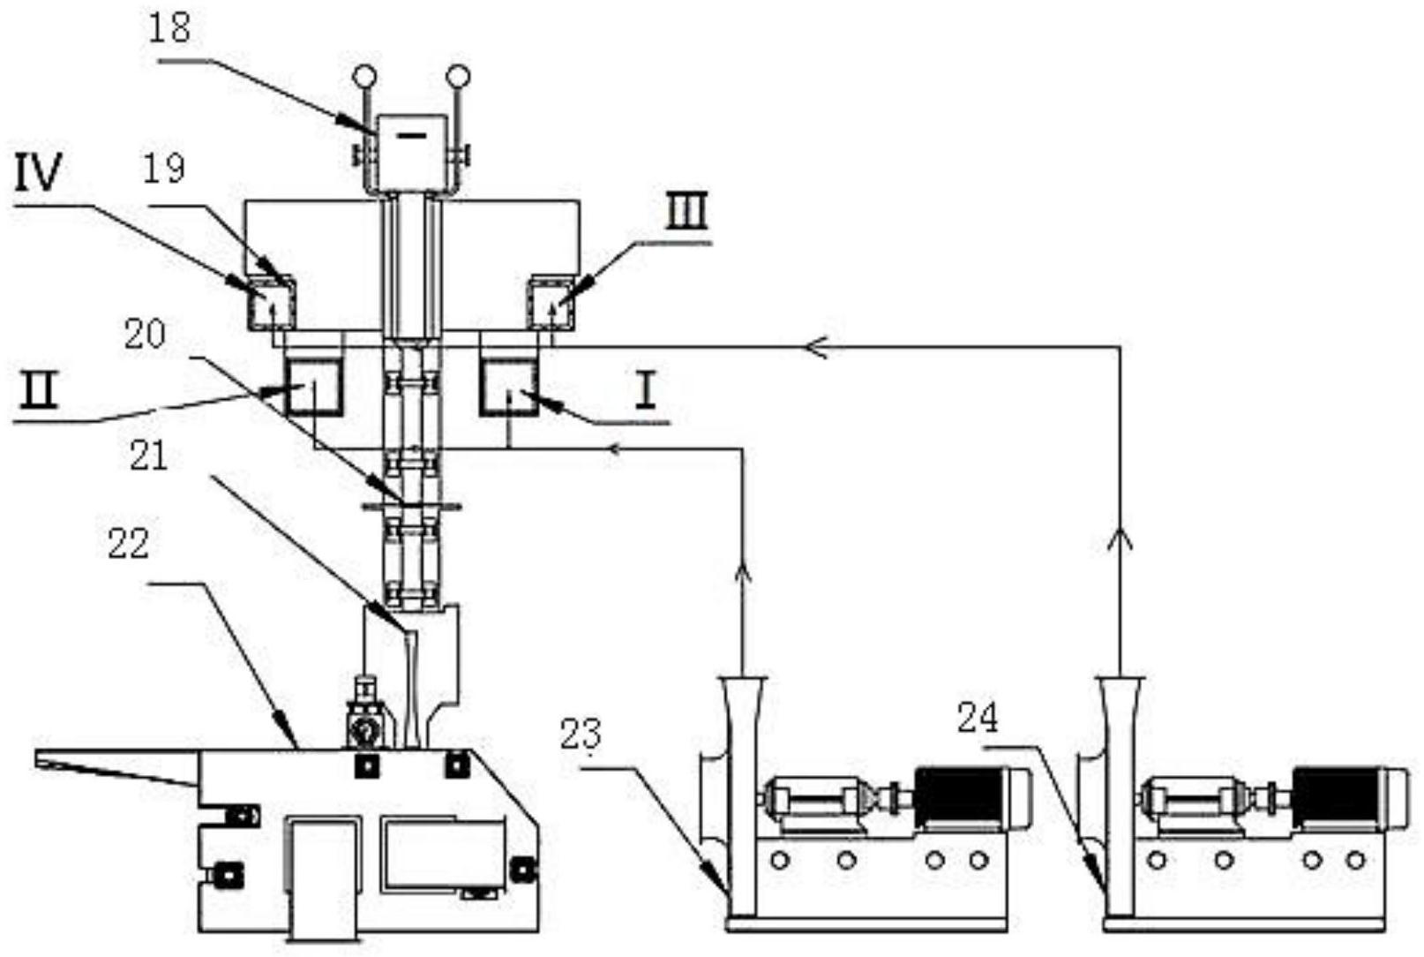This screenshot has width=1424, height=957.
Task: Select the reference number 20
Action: click(145, 334)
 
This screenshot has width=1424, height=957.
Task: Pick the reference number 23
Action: click(581, 734)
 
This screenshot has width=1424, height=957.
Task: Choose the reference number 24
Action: click(978, 719)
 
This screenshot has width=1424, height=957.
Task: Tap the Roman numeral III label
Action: click(686, 214)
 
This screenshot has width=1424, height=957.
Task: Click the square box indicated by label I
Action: click(508, 387)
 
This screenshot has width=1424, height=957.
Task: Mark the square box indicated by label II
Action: click(312, 387)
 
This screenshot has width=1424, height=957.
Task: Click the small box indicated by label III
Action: click(551, 305)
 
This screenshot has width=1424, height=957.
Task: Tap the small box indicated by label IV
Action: click(272, 305)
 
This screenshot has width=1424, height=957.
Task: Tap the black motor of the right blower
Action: click(1336, 797)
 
